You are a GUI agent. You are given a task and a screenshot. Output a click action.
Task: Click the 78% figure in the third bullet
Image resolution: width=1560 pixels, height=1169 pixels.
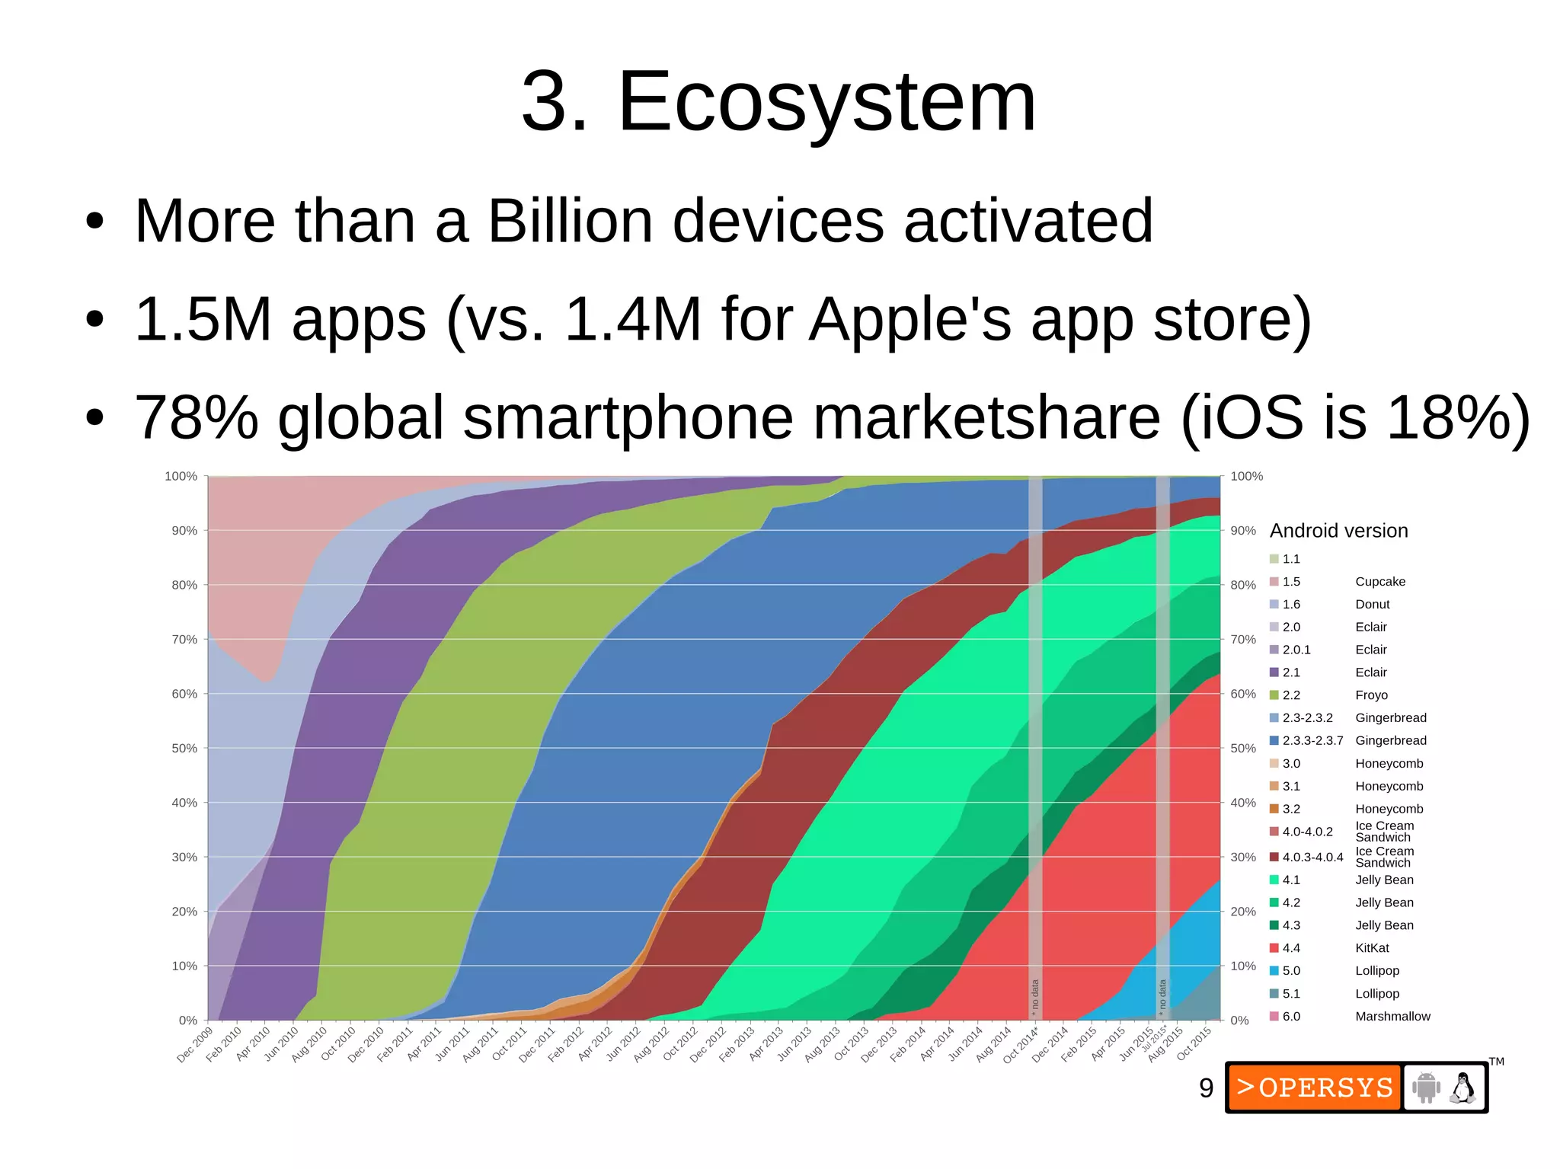point(197,417)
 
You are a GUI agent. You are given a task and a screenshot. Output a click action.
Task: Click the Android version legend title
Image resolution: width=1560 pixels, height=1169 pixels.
point(1338,531)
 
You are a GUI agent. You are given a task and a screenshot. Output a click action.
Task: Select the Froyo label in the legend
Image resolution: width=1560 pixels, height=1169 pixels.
point(1371,695)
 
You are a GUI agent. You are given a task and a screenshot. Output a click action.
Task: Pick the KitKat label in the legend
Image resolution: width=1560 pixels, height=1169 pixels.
point(1372,948)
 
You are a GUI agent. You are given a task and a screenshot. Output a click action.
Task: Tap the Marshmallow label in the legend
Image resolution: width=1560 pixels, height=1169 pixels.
point(1392,1017)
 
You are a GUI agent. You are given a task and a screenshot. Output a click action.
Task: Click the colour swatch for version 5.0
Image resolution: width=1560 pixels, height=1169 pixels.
point(1274,971)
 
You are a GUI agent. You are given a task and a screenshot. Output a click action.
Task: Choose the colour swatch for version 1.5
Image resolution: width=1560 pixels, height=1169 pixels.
point(1274,582)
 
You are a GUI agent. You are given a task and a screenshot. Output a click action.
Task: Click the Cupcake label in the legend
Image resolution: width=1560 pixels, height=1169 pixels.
point(1380,582)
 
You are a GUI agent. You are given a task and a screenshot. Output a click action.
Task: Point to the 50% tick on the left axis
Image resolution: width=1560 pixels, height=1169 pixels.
point(184,749)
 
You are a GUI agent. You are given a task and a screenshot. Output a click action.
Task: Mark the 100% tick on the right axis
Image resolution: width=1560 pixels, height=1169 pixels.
point(1247,477)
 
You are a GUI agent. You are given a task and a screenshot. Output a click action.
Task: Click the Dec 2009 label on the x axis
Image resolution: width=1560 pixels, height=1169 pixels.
point(195,1045)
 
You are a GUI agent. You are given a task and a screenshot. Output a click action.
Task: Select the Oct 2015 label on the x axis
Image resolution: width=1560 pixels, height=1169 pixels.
point(1194,1044)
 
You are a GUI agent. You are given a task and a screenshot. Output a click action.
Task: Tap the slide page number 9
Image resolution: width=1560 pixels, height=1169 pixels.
point(1206,1088)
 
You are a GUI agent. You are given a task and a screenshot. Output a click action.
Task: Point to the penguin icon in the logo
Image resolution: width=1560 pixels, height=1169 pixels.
point(1462,1088)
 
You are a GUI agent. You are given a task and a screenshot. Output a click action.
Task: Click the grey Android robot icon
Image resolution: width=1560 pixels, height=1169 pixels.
point(1426,1088)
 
